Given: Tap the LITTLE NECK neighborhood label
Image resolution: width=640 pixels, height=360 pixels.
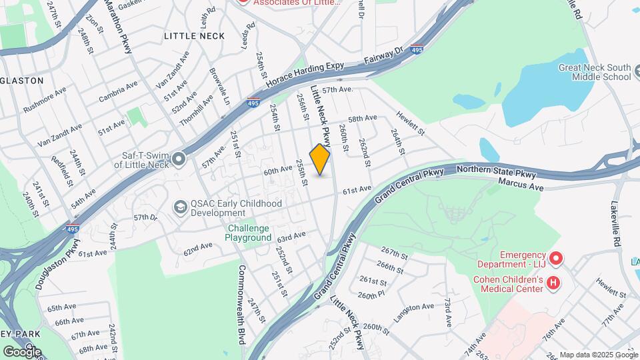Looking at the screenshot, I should pyautogui.click(x=194, y=35).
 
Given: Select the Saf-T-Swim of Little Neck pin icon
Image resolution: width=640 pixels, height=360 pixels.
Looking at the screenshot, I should pyautogui.click(x=179, y=159).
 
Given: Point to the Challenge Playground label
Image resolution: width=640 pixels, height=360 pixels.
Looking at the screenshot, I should pyautogui.click(x=248, y=233).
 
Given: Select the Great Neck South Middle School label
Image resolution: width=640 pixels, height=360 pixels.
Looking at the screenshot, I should pyautogui.click(x=595, y=72).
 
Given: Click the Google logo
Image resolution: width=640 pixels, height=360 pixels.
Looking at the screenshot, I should pyautogui.click(x=22, y=351).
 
